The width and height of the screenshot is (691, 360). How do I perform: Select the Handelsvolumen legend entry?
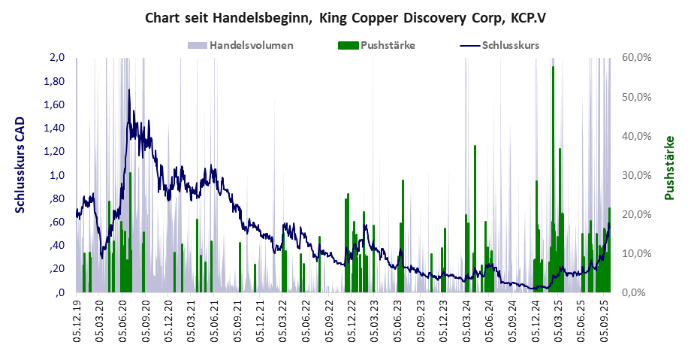click(251, 45)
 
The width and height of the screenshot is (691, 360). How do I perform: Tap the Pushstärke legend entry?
click(388, 45)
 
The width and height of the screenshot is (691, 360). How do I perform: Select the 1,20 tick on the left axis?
click(56, 152)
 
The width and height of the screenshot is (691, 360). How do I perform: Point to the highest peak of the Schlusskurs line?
click(129, 91)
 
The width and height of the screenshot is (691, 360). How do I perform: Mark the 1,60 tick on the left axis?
click(56, 105)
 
